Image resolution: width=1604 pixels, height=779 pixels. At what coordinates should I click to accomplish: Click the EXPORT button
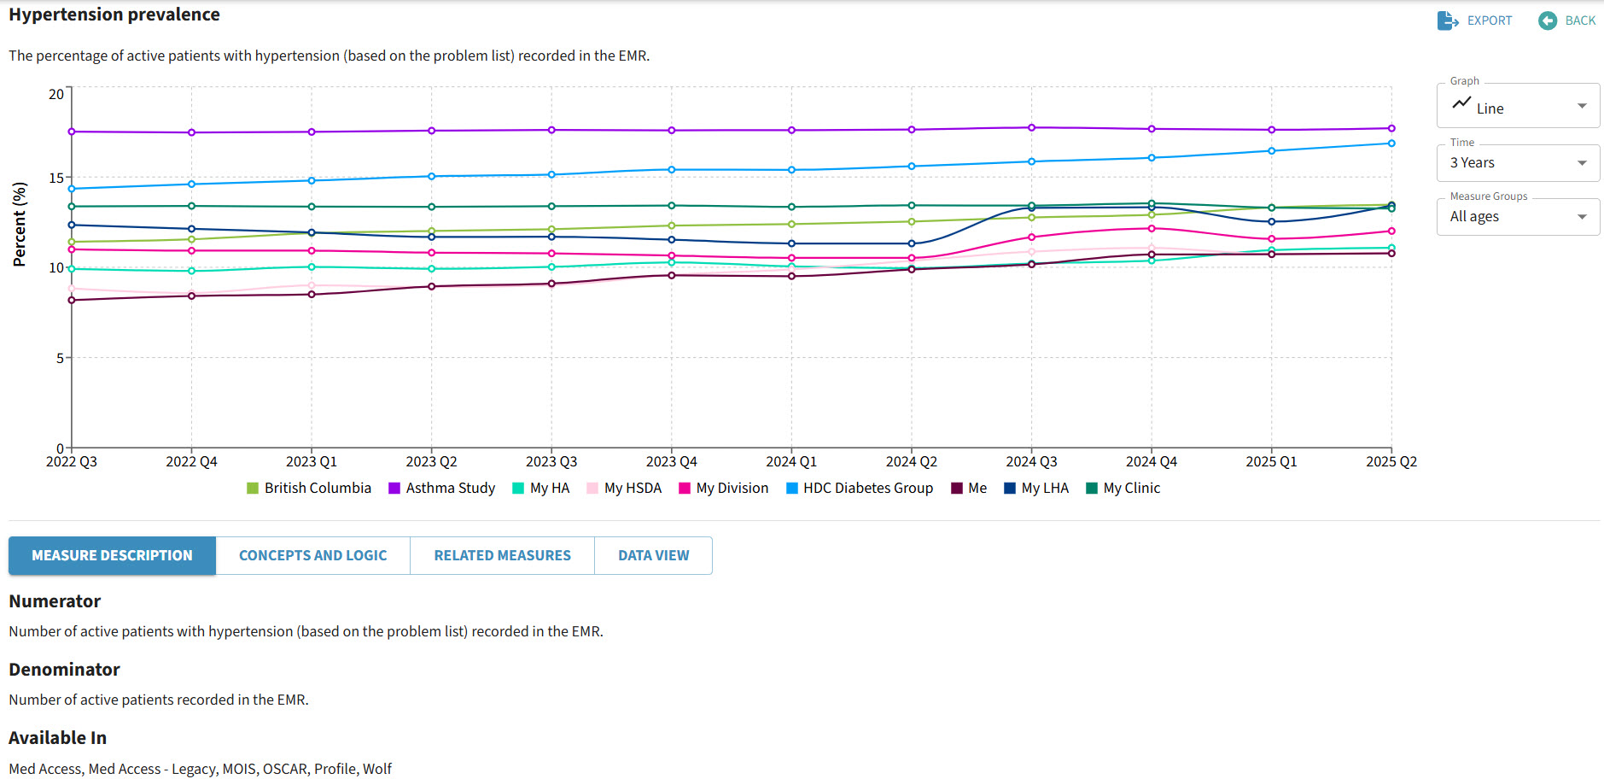(1474, 20)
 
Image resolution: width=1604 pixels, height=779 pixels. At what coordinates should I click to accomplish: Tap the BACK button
(1567, 20)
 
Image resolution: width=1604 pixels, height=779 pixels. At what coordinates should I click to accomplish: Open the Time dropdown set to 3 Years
(1518, 162)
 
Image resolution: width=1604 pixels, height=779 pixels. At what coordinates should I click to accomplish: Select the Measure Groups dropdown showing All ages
(1518, 216)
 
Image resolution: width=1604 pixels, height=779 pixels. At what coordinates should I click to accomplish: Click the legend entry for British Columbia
(309, 488)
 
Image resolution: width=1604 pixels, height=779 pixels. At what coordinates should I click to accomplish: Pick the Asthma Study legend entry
(442, 488)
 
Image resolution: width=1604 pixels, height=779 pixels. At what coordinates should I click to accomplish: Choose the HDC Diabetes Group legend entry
(860, 488)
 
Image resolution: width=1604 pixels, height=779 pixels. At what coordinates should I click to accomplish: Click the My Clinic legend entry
(1123, 488)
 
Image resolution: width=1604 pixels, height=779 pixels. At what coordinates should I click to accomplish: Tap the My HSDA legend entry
(625, 488)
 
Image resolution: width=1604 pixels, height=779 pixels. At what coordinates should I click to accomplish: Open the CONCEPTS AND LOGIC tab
(312, 555)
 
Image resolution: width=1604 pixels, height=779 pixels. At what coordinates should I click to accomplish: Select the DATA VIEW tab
(653, 555)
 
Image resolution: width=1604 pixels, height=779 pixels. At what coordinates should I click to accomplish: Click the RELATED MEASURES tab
(502, 555)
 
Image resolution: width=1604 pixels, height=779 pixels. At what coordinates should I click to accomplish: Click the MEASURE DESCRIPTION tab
(112, 555)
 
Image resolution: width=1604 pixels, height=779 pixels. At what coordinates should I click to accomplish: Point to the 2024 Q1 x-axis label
(791, 461)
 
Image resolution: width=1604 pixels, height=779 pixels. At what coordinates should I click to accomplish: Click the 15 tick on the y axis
(56, 178)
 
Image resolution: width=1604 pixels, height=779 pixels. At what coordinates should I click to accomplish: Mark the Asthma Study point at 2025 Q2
(1391, 128)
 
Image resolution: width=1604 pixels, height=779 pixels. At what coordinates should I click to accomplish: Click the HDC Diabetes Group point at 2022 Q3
(72, 189)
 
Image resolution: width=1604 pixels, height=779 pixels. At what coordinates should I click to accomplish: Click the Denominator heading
(64, 670)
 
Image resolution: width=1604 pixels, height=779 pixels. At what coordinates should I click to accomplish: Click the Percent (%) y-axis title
(20, 224)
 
